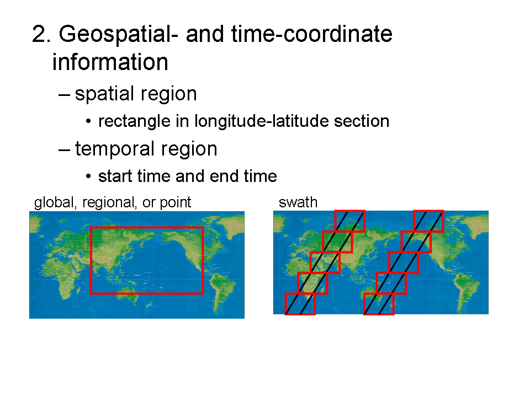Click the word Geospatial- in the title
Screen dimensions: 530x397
click(x=118, y=35)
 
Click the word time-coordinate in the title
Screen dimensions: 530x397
click(x=311, y=34)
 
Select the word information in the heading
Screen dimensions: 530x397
click(x=110, y=62)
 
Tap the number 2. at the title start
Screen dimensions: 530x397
click(x=41, y=34)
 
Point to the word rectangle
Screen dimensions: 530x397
click(x=134, y=121)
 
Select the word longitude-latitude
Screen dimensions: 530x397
click(x=261, y=121)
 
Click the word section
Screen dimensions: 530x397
click(x=362, y=121)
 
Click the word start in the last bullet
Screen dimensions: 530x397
click(x=115, y=176)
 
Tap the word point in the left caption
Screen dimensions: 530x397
click(x=175, y=202)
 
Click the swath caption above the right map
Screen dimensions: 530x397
click(x=298, y=202)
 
